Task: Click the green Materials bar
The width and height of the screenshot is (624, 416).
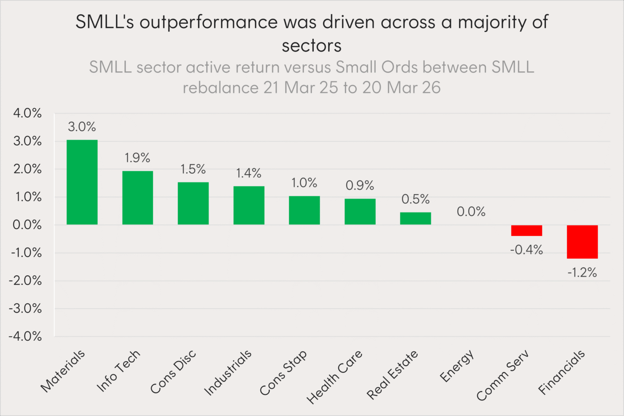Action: (x=82, y=182)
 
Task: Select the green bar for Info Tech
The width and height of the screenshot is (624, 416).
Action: (x=138, y=198)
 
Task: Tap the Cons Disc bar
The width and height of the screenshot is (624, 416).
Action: (x=193, y=203)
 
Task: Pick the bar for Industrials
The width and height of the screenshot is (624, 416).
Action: (x=249, y=205)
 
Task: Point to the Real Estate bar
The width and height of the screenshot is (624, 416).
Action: (x=415, y=218)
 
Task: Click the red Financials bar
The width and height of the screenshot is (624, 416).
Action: (x=582, y=242)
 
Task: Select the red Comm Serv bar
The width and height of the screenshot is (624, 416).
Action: (x=526, y=230)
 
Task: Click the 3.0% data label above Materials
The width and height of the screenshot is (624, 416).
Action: (x=82, y=127)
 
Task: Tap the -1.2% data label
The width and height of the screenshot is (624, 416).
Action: (x=582, y=273)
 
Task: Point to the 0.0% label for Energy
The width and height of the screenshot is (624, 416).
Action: (x=471, y=212)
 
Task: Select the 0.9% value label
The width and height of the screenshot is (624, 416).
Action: (x=360, y=185)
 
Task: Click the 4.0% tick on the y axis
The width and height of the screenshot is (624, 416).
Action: (x=28, y=113)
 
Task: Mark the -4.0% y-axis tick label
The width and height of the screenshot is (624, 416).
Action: (x=25, y=336)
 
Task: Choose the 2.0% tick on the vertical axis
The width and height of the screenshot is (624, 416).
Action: (x=28, y=169)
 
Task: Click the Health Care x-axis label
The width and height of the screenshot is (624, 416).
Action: (x=335, y=377)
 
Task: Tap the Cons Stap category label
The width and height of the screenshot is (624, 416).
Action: (x=283, y=373)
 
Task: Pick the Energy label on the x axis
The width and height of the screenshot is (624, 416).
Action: (x=457, y=366)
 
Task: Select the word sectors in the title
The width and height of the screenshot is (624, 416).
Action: (x=312, y=45)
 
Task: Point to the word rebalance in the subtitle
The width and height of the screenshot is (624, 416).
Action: (x=221, y=88)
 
